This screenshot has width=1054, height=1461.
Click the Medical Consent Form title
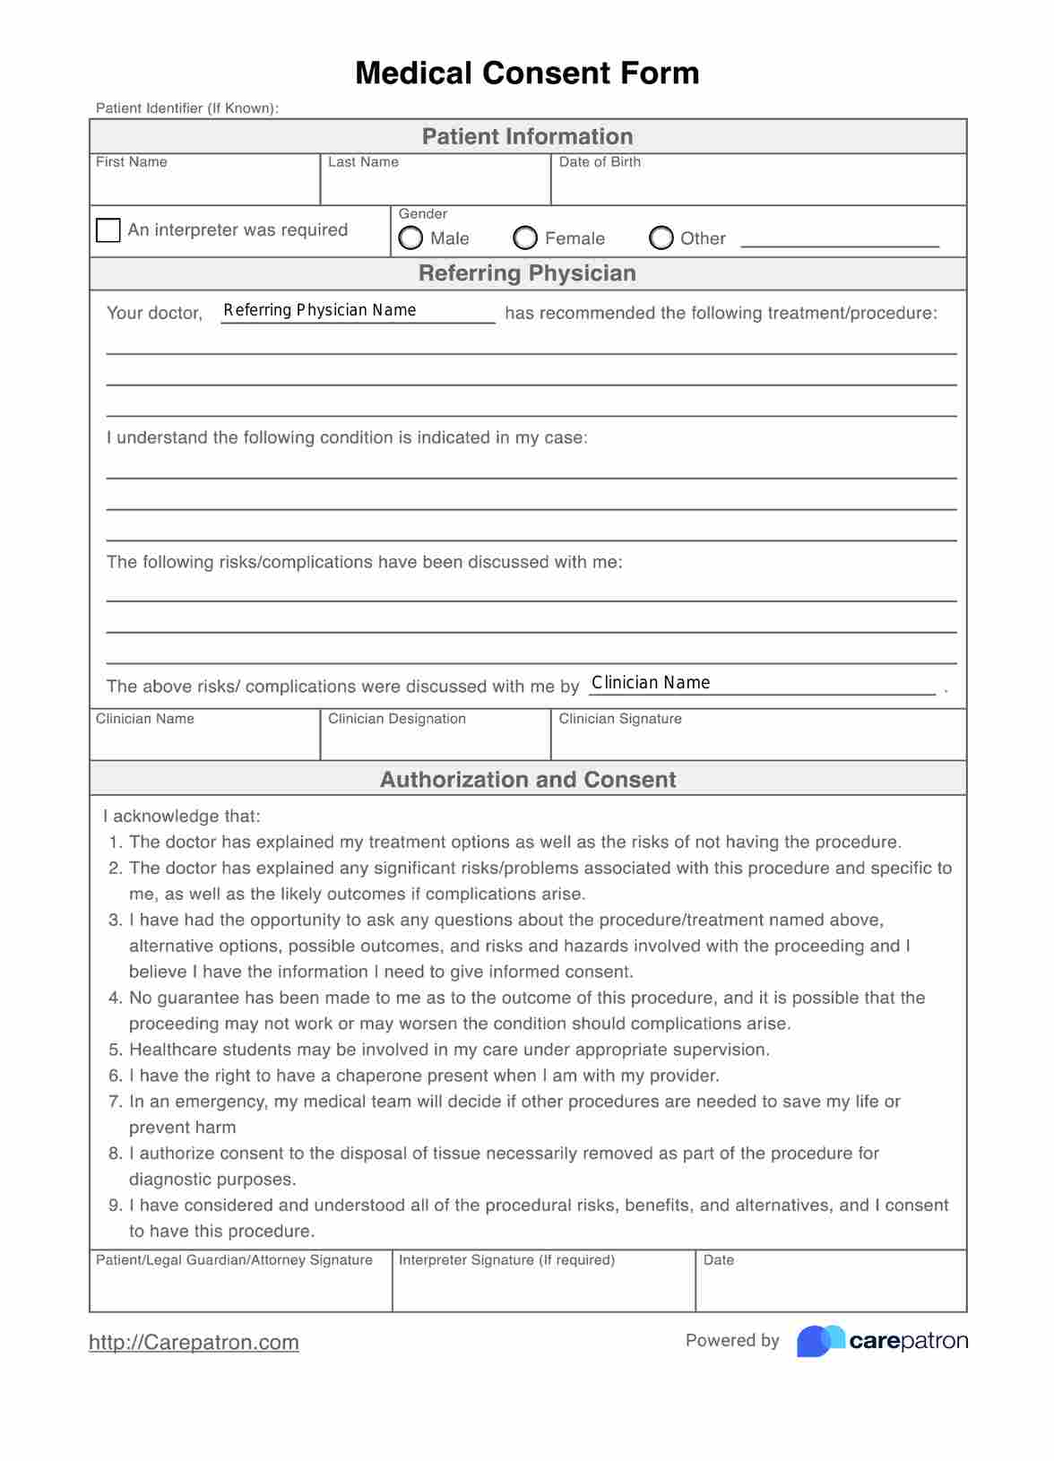pos(527,73)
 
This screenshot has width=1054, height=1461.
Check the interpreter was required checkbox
pos(108,230)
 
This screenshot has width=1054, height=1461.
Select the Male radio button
pos(410,238)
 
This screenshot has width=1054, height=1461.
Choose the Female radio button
pos(525,238)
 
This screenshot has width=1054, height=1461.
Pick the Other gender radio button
pos(661,238)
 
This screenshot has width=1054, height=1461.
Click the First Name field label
pos(131,162)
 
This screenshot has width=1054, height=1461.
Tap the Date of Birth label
pos(600,162)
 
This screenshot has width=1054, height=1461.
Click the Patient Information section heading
pos(527,136)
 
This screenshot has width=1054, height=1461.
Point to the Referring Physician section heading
pos(527,273)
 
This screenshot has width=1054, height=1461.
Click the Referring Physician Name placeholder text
pos(320,310)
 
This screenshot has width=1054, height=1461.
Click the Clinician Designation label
pos(396,719)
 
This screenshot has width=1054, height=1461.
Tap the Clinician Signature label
pos(620,719)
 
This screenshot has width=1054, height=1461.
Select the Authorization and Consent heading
pos(527,780)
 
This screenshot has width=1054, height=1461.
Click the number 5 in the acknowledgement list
pos(115,1050)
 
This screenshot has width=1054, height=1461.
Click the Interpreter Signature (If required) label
pos(506,1260)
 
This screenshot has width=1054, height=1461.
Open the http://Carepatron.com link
pos(194,1342)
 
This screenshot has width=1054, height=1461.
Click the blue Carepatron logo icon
pos(820,1341)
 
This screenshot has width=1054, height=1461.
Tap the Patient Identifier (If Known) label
pos(187,108)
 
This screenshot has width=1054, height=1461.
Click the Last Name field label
pos(363,162)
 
